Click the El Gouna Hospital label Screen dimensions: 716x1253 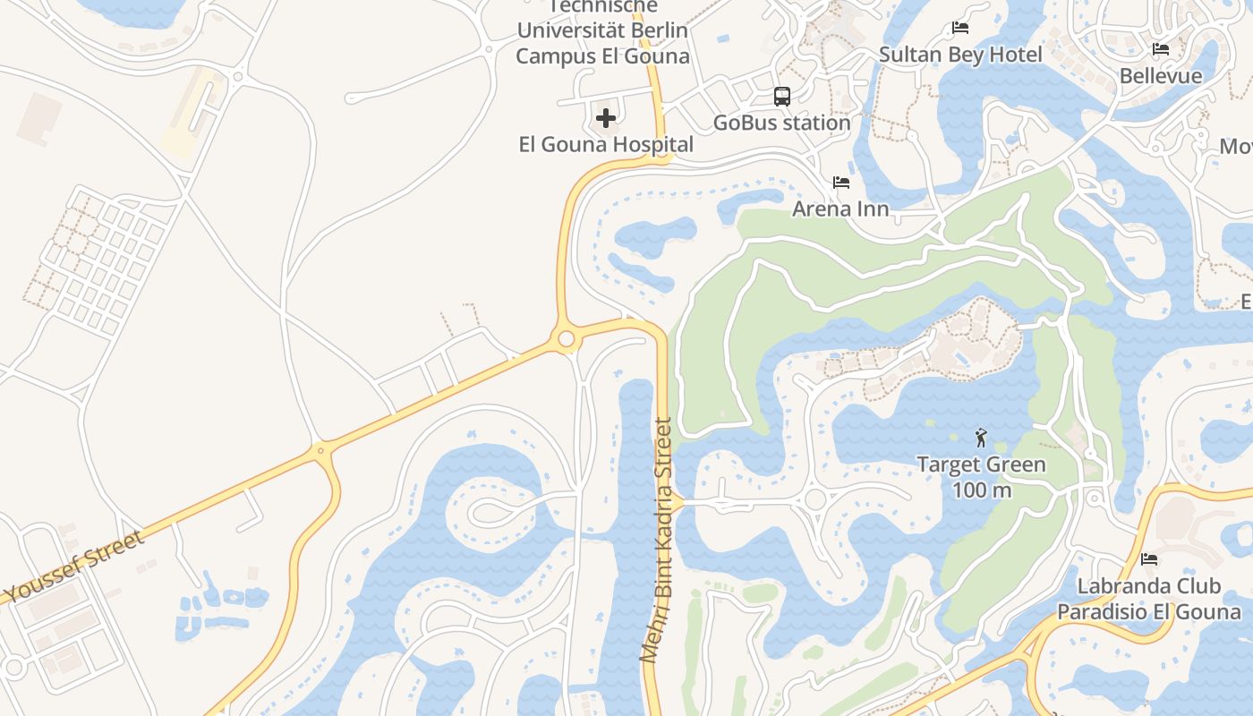tap(606, 144)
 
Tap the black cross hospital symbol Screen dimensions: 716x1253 tap(606, 117)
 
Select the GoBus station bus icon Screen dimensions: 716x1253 tap(781, 97)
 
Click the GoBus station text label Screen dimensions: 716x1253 tap(781, 123)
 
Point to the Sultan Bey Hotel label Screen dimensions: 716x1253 tap(960, 55)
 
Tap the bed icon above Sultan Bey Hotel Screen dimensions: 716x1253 tap(960, 28)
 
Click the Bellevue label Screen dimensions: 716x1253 tap(1161, 76)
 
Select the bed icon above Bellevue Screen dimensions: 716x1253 tap(1161, 49)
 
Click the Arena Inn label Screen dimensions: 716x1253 tap(840, 209)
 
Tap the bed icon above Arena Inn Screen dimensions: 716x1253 tap(840, 183)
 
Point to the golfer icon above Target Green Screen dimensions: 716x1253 tap(981, 438)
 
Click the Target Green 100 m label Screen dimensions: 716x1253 tap(981, 477)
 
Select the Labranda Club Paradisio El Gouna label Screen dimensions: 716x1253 tap(1149, 599)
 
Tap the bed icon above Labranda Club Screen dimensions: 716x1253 tap(1149, 559)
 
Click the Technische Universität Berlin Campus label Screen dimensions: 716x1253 tap(602, 31)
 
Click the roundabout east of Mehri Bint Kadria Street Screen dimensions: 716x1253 tap(814, 499)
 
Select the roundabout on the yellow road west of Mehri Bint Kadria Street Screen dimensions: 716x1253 tap(566, 339)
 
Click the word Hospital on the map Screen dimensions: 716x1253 tap(652, 144)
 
